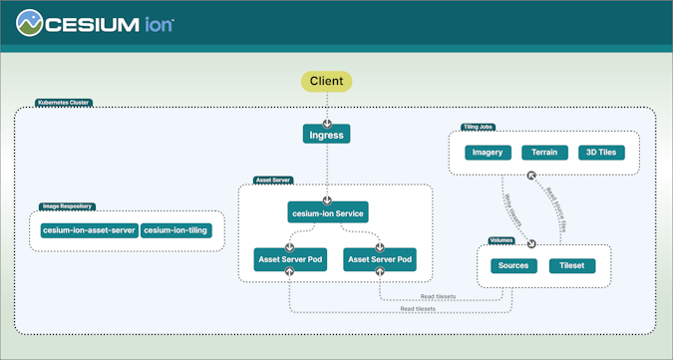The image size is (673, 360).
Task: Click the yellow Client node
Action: (327, 81)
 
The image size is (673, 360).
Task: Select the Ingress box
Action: (327, 133)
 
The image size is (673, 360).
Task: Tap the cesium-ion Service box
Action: (327, 212)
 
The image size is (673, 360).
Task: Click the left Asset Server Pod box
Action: (288, 259)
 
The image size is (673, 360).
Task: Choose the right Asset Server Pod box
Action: (379, 259)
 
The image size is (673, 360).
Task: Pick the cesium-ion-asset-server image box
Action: (89, 230)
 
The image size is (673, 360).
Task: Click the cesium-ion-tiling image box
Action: (175, 230)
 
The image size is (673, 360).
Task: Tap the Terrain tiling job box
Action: (545, 154)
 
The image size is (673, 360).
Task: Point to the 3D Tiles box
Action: (601, 154)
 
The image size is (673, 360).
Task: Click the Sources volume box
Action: (513, 266)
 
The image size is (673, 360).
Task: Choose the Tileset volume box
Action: (572, 266)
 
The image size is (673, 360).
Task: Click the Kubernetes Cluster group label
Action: (62, 102)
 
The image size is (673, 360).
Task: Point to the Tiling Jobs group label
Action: (480, 127)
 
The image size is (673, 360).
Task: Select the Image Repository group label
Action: (67, 206)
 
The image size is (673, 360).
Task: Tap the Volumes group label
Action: (502, 240)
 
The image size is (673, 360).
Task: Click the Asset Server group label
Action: (273, 180)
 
